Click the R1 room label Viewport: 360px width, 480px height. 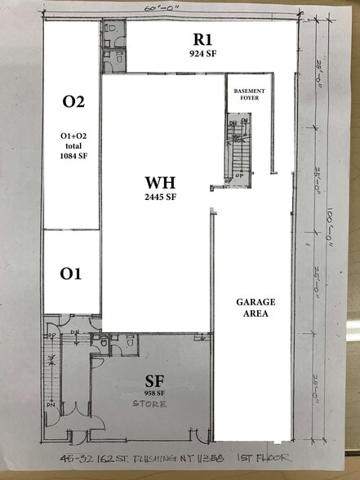202,39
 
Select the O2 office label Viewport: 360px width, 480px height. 73,102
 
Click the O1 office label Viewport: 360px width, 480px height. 71,273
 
